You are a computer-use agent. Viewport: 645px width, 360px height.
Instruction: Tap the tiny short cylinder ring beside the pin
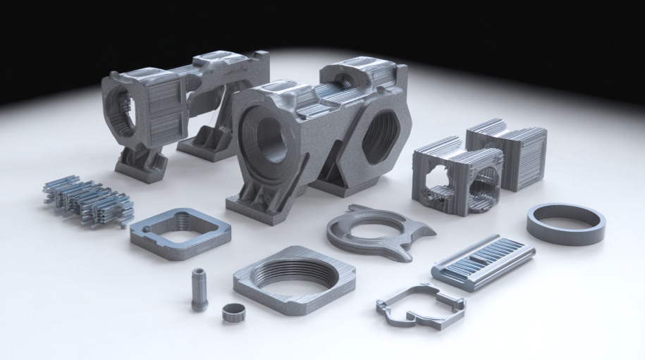click(x=233, y=312)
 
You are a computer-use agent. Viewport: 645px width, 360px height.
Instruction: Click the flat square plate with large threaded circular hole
click(x=294, y=280)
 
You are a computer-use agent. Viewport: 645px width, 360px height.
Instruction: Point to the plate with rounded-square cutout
click(x=180, y=233)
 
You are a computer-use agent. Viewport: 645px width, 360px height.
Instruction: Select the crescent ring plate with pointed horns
click(x=377, y=233)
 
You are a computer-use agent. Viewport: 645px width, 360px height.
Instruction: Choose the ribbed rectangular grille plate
click(x=483, y=261)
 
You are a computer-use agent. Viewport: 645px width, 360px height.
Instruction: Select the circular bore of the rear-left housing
click(x=123, y=113)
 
